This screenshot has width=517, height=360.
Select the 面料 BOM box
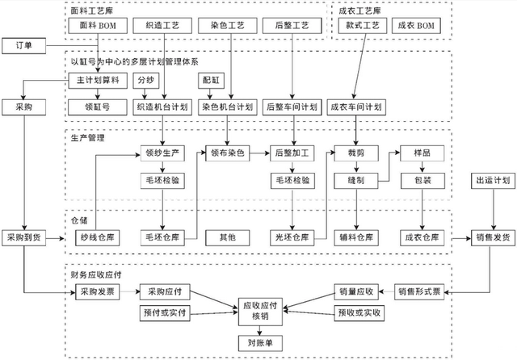click(97, 27)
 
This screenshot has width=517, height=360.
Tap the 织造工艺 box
click(162, 27)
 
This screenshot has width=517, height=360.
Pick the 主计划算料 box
click(97, 81)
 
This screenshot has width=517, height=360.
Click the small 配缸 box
click(210, 81)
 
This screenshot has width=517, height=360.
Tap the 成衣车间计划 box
click(356, 107)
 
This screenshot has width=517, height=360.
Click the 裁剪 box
click(356, 152)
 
